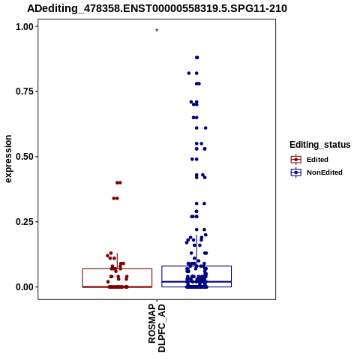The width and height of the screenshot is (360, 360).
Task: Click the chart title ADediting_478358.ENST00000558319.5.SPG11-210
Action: point(157,8)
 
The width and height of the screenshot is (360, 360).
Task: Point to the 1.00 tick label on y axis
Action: point(25,27)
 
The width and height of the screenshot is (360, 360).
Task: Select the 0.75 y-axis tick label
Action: point(25,91)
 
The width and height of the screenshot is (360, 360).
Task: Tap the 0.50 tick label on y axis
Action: point(25,157)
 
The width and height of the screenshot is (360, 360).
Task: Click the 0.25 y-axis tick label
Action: point(25,222)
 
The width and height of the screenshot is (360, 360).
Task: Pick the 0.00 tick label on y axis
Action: point(25,287)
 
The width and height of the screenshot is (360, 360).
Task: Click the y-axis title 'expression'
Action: point(8,159)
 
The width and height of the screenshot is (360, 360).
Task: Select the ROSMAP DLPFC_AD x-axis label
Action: point(157,328)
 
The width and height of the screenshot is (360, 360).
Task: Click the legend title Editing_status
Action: point(320,145)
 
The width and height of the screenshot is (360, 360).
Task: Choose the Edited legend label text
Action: point(317,160)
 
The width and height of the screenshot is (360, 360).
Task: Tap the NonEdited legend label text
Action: point(325,172)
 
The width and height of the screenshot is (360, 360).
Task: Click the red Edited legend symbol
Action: point(296,160)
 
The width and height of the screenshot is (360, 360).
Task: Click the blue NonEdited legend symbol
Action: point(296,172)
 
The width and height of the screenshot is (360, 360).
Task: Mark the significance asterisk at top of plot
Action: point(157,31)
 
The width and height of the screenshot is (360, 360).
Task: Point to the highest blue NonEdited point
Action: point(197,58)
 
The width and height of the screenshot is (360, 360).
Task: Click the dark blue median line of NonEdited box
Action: point(196,282)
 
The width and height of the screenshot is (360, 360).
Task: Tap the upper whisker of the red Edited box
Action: point(117,261)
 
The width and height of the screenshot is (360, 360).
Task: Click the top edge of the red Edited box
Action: point(117,268)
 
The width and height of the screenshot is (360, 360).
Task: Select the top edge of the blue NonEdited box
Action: point(196,266)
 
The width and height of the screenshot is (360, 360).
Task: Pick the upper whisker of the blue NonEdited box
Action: point(196,250)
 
